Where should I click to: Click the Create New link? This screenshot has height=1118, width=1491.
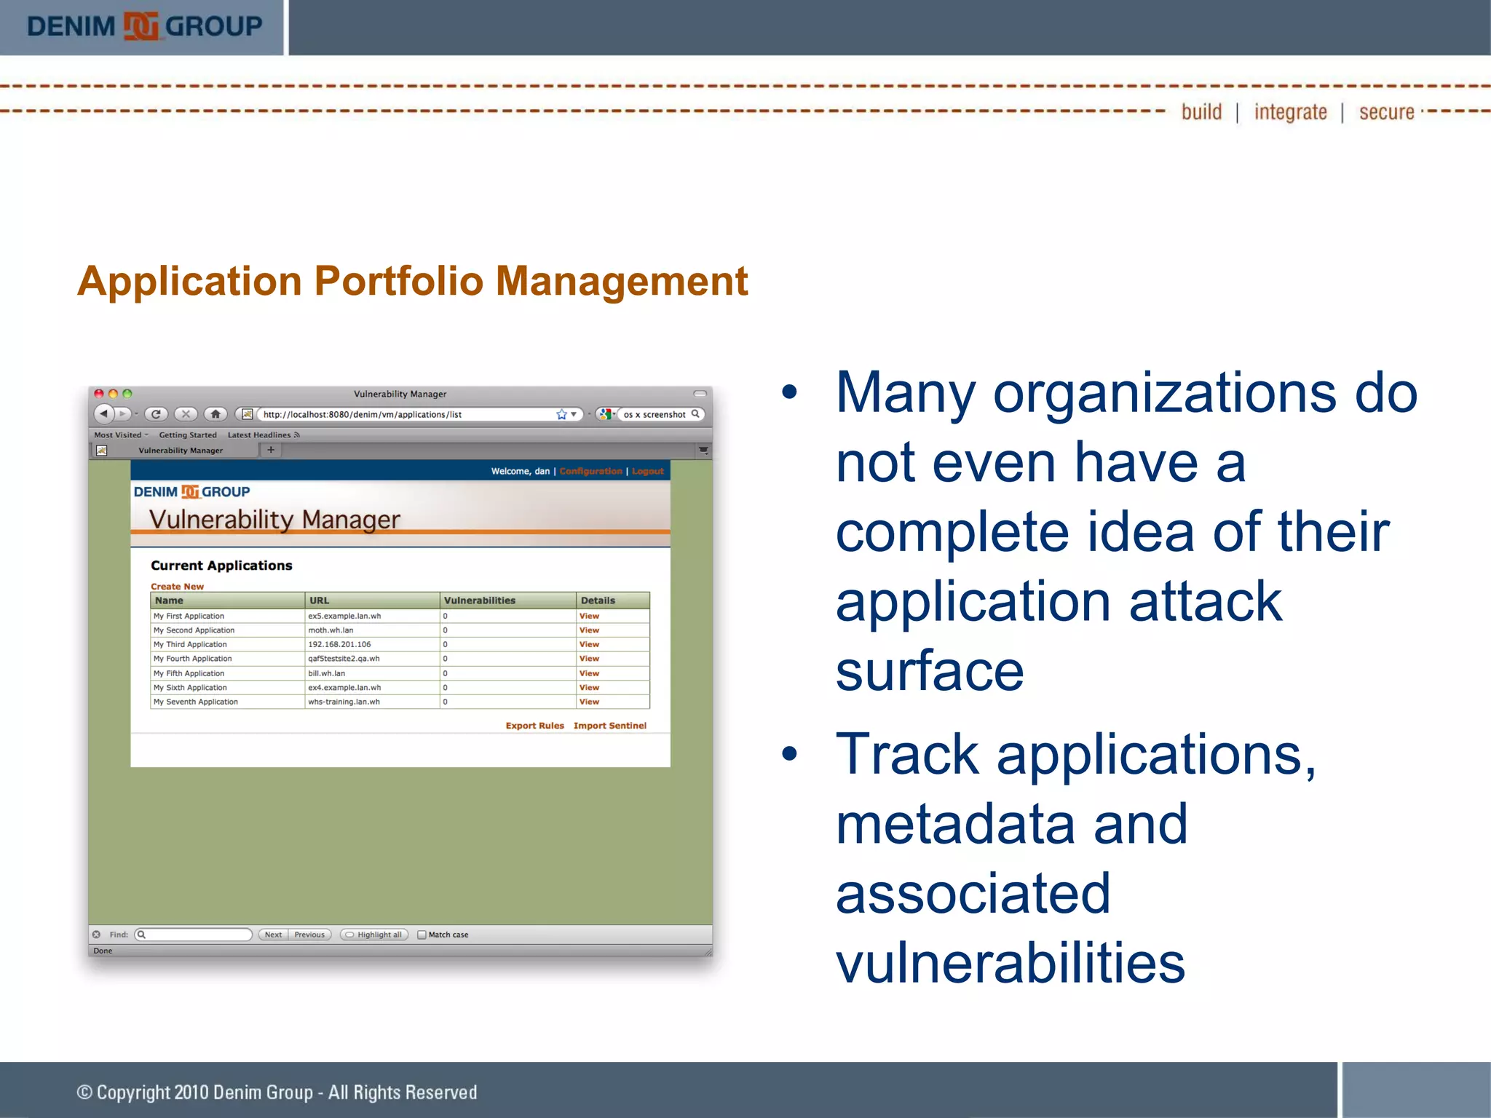(x=177, y=586)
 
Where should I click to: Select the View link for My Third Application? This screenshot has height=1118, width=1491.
(x=589, y=644)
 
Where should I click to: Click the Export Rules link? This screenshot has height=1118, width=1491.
(x=534, y=726)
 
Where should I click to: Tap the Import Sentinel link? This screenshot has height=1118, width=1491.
(x=609, y=726)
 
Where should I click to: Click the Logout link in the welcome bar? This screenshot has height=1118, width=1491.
(x=647, y=471)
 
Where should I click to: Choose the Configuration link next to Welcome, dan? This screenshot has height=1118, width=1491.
(x=590, y=471)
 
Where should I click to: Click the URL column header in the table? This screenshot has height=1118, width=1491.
(x=320, y=600)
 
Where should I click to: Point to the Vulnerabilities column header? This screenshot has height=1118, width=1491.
(x=479, y=600)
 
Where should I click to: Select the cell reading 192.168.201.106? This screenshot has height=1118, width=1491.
(x=339, y=644)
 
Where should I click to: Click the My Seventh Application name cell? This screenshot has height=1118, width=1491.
(x=196, y=702)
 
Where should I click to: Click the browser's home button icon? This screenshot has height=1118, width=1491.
(x=215, y=414)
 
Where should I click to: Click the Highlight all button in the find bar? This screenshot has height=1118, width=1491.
(x=374, y=935)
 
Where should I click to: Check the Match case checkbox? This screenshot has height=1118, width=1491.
(x=422, y=935)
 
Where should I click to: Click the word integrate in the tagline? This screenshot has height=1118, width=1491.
(x=1290, y=112)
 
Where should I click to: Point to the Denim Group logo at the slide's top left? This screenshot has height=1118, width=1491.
(x=143, y=26)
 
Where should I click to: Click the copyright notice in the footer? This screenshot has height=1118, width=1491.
(x=277, y=1092)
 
